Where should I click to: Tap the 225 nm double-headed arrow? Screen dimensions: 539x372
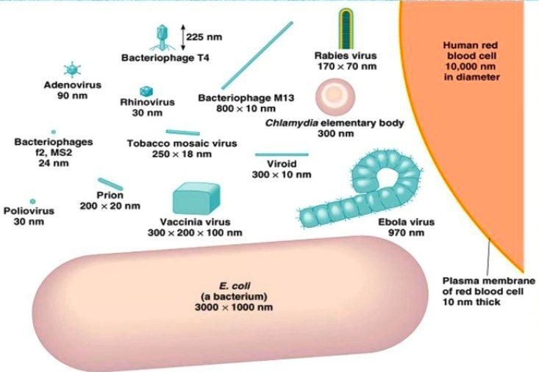[183, 37]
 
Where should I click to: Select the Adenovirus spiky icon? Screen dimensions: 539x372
[72, 69]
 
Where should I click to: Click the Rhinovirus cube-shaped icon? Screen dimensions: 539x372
[146, 91]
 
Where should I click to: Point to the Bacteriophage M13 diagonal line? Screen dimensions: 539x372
[257, 55]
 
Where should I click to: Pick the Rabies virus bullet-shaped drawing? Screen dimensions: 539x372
[346, 29]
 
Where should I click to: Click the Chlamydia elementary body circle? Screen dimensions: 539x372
[335, 97]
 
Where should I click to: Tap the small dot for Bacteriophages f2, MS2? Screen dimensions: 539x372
[54, 132]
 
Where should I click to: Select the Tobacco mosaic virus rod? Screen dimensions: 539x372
[182, 132]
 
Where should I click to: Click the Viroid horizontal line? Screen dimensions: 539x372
[282, 154]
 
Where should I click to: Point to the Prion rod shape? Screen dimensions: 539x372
[110, 184]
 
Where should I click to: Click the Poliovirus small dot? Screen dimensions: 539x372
[32, 201]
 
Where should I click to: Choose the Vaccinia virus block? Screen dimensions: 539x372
[196, 198]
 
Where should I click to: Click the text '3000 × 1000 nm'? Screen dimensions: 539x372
[234, 307]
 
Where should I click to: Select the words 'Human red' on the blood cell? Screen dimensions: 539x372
[471, 45]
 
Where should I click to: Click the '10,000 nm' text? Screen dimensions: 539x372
[471, 66]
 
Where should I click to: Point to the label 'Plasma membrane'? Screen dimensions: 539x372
[488, 281]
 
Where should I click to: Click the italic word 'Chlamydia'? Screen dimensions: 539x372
[291, 123]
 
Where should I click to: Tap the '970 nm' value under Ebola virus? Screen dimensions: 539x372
[407, 233]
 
